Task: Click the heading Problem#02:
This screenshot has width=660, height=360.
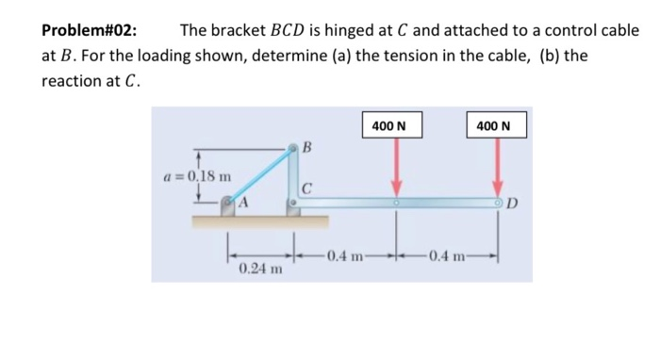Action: [x=89, y=29]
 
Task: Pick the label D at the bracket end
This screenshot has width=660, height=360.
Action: [x=512, y=202]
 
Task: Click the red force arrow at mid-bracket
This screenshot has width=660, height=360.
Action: [x=397, y=170]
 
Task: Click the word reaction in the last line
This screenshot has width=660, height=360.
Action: [x=74, y=80]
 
